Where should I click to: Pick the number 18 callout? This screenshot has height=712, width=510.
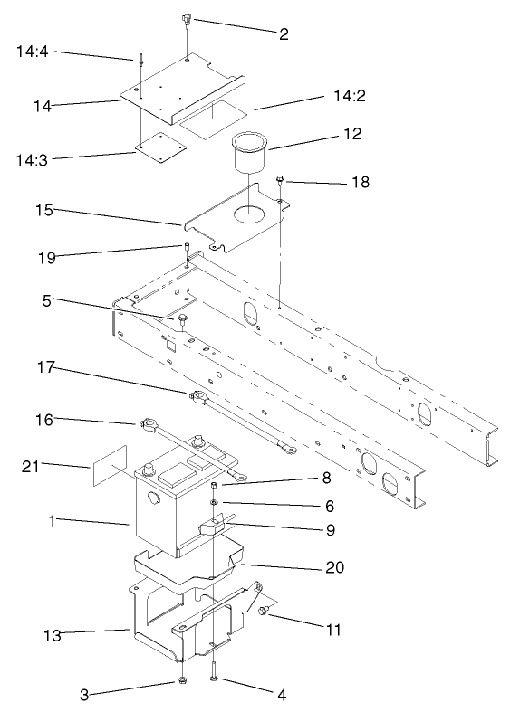[359, 183]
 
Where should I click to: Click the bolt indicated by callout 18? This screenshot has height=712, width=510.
[282, 181]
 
